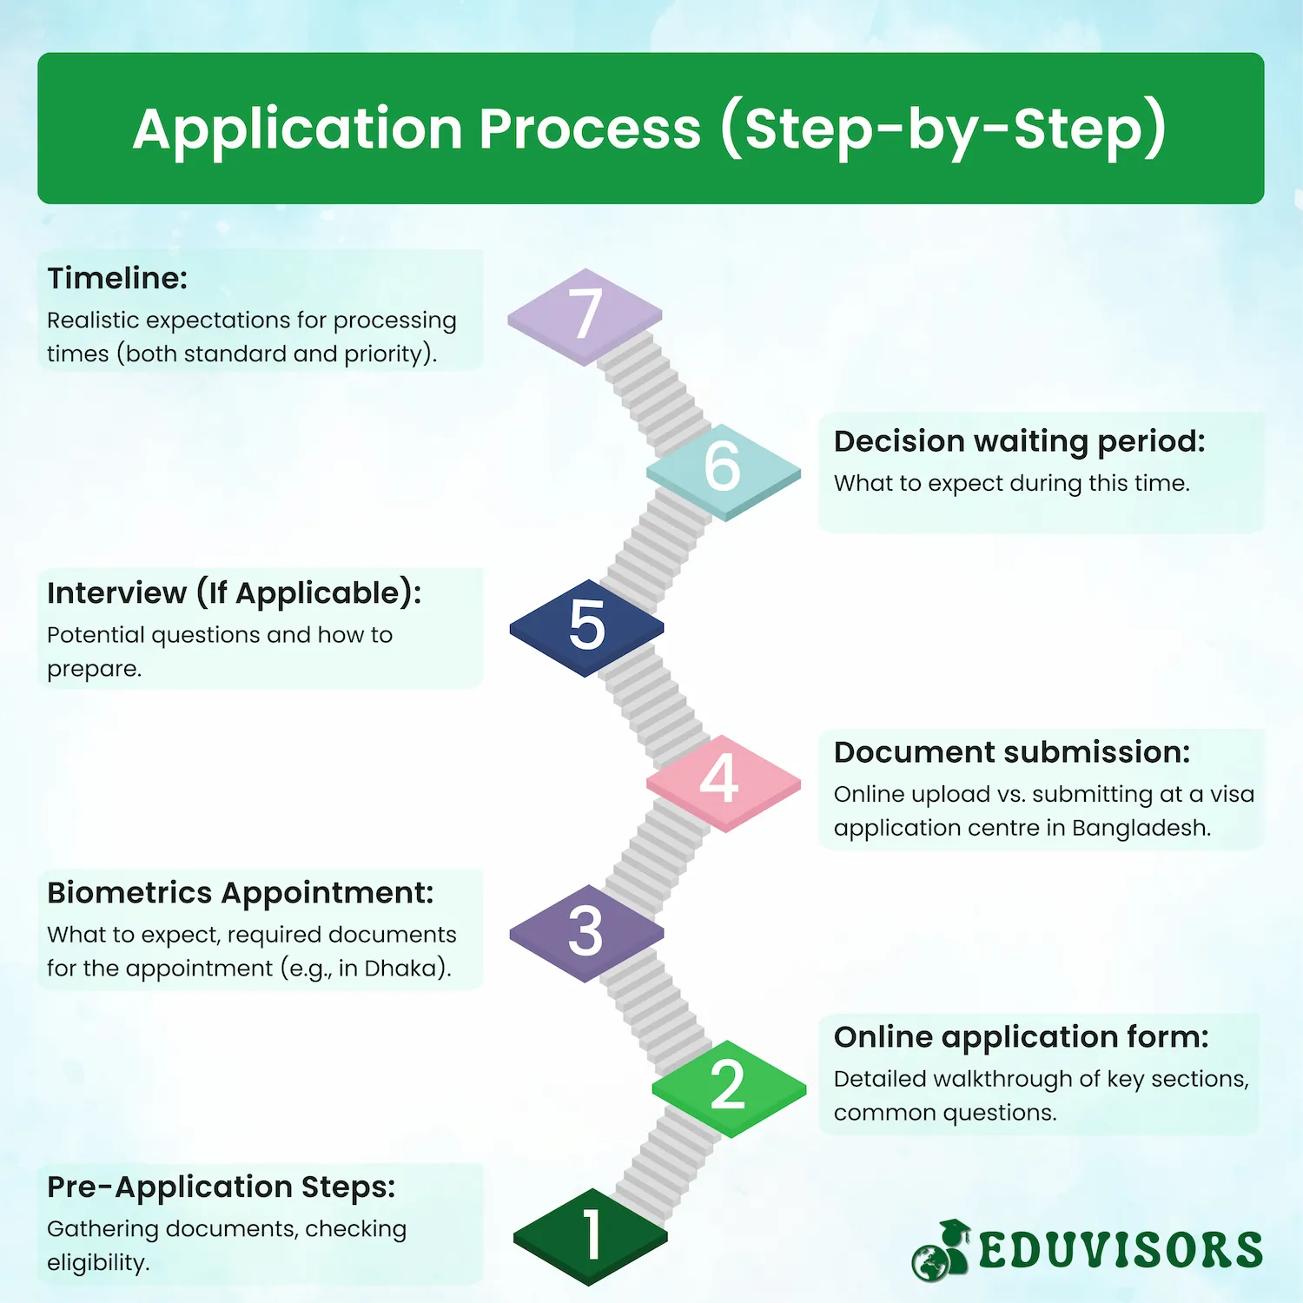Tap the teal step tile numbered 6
724,472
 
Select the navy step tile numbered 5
587,627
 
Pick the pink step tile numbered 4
724,783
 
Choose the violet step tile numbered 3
587,933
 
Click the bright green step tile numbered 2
730,1088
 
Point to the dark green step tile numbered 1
591,1237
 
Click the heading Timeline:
117,278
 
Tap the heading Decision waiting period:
1020,442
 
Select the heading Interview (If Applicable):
235,593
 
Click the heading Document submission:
1012,752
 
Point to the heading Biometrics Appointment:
241,894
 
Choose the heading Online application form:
1022,1038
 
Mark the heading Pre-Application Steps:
222,1187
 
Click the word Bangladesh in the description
1141,828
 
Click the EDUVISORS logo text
1121,1250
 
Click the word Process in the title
590,129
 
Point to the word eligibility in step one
98,1263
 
